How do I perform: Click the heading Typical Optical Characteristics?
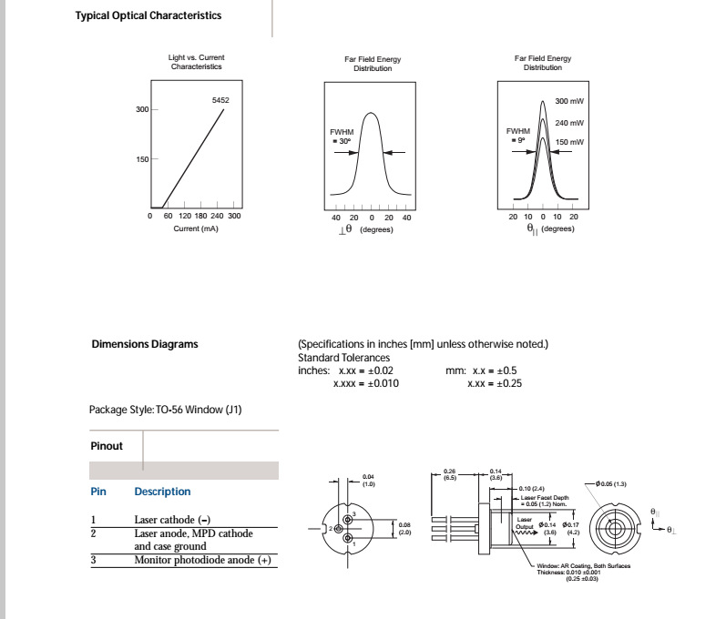(x=148, y=15)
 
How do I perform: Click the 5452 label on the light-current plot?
(x=220, y=100)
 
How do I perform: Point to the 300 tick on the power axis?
(x=142, y=109)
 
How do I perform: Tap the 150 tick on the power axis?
(x=142, y=159)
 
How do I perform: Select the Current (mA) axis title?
(x=196, y=228)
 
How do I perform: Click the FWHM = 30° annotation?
(x=342, y=137)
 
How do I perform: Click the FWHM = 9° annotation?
(x=517, y=135)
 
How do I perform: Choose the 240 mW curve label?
(x=569, y=123)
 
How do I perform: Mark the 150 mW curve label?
(x=569, y=142)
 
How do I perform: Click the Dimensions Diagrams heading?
(x=145, y=344)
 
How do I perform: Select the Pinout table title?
(x=107, y=446)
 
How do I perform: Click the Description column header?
(x=162, y=492)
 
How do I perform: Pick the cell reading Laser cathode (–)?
(x=173, y=520)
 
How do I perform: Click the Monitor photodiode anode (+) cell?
(x=202, y=560)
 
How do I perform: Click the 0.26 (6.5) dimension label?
(x=449, y=473)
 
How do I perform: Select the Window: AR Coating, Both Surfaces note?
(x=583, y=565)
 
